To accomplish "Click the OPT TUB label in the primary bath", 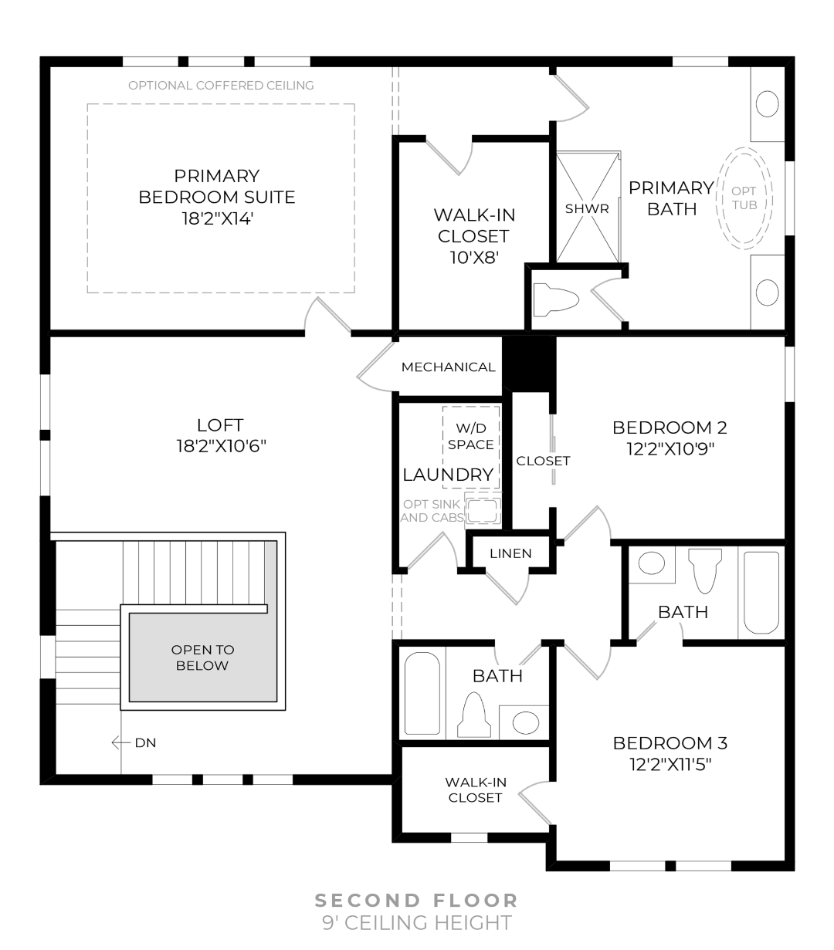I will [744, 198].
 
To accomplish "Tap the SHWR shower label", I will [587, 208].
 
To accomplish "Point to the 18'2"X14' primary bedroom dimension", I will [216, 218].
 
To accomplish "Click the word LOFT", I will [220, 424].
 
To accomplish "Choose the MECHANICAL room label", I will [448, 367].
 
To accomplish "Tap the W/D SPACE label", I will [470, 436].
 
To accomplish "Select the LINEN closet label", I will [510, 553].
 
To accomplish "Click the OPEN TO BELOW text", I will [202, 658].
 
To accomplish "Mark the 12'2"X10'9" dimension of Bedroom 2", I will [670, 448].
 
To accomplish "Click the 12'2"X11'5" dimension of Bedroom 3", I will [670, 764].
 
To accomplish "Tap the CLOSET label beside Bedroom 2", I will [543, 461].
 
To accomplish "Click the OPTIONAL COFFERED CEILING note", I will [221, 86].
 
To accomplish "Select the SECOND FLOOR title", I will [416, 901].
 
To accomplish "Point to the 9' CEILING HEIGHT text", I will [416, 922].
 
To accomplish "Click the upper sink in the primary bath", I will [767, 104].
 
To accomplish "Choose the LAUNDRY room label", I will [448, 475].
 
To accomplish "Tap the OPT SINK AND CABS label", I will [431, 511].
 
